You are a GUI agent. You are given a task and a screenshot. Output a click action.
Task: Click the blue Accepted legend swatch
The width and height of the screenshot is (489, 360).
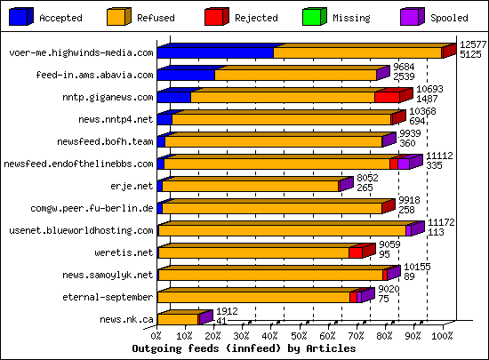pos(20,16)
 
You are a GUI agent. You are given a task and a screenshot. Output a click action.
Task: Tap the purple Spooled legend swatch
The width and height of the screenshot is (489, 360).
pos(412,16)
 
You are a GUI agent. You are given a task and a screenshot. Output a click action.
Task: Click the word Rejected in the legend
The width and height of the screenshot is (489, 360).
pos(256,18)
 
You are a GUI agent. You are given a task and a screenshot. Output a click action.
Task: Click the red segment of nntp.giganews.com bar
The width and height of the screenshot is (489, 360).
pos(386,97)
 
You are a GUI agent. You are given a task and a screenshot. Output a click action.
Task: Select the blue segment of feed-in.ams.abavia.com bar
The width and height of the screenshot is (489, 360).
pos(186,75)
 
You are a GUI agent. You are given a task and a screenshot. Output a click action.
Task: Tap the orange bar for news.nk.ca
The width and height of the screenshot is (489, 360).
pos(178,319)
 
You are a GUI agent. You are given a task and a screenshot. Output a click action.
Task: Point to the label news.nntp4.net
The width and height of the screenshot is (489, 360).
pos(116,119)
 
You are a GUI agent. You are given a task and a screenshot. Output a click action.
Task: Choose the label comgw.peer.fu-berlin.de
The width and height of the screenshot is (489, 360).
pos(92,208)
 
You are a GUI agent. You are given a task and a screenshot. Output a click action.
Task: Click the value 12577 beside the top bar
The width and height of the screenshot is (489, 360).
pos(472,44)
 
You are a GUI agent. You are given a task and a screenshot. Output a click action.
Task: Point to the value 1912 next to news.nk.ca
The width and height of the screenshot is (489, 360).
pos(228,311)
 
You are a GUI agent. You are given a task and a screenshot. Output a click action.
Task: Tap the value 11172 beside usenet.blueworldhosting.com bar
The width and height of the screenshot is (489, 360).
pos(442,222)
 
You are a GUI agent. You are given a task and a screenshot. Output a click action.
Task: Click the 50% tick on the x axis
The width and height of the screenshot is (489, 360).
pos(300,337)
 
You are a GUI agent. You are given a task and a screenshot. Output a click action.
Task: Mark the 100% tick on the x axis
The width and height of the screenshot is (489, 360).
pos(442,337)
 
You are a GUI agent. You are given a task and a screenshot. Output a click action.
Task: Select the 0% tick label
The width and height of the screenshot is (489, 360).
pos(157,337)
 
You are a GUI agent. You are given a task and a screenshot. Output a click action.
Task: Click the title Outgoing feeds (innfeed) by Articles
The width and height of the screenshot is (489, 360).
pos(244,348)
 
